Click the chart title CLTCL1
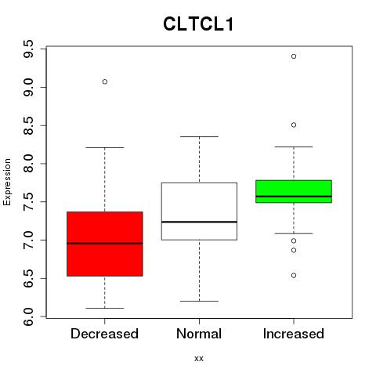(198, 24)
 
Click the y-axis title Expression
(7, 182)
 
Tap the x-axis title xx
(199, 358)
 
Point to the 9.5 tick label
(28, 49)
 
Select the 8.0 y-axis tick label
(28, 164)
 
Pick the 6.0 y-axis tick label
(28, 316)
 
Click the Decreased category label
(104, 334)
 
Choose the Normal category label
(199, 334)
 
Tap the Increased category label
(294, 334)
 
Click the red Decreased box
(105, 244)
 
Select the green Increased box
(294, 191)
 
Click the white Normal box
(199, 211)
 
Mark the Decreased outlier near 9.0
(105, 81)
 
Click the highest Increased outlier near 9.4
(294, 56)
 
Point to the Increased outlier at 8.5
(294, 125)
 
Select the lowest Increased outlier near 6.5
(294, 276)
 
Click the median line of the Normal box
(199, 222)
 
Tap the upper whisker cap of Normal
(199, 136)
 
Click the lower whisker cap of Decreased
(105, 308)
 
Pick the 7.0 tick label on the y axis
(28, 240)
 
